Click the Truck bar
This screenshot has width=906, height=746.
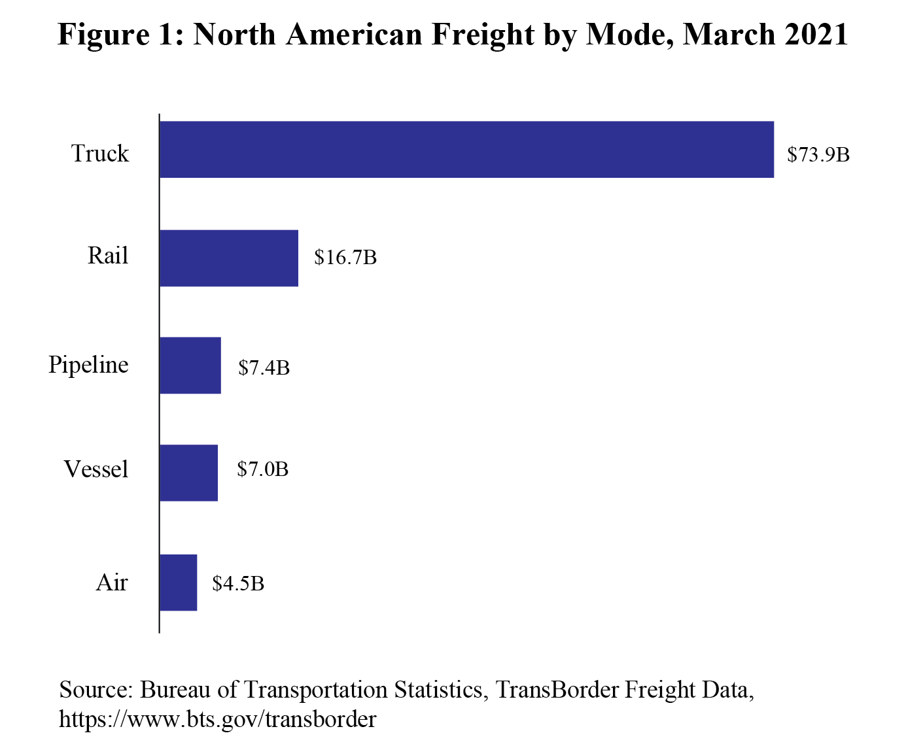(x=466, y=150)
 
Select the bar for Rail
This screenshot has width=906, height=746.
(x=229, y=258)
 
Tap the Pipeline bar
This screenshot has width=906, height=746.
(x=190, y=365)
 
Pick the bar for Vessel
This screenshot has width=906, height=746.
(x=188, y=473)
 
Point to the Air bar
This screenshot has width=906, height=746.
(x=178, y=583)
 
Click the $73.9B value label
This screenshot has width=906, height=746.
(x=818, y=155)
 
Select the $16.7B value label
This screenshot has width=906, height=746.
(x=345, y=258)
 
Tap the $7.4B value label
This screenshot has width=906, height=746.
(x=264, y=368)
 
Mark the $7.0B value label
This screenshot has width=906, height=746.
(x=262, y=469)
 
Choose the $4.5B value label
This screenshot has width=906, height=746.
(x=238, y=583)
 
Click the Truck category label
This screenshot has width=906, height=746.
(x=100, y=154)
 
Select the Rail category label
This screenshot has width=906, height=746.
(x=108, y=256)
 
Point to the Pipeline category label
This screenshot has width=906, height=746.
(x=88, y=365)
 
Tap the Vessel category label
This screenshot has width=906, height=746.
(x=96, y=469)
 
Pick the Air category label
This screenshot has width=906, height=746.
(x=112, y=583)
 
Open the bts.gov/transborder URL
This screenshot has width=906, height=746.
(x=218, y=719)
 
